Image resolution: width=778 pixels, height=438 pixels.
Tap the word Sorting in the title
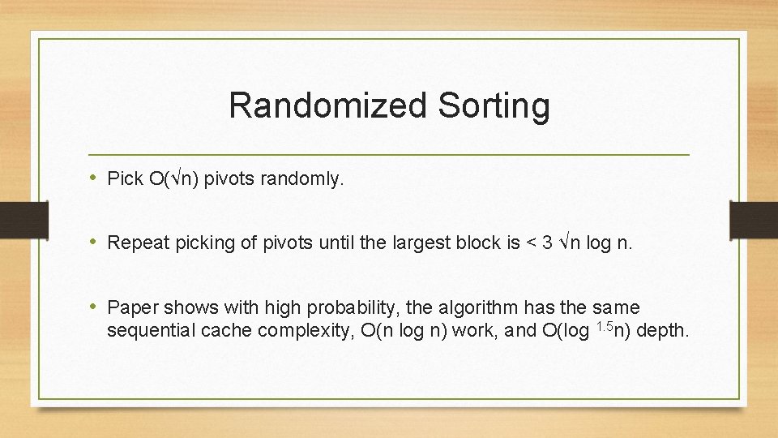[x=492, y=105]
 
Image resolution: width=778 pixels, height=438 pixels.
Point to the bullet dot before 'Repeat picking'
[x=94, y=242]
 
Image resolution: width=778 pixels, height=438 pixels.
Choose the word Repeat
[x=134, y=243]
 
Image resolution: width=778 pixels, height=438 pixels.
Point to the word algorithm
[x=476, y=308]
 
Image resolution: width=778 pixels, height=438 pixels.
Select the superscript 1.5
[x=603, y=326]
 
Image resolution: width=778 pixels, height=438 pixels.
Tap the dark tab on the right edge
[x=754, y=219]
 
